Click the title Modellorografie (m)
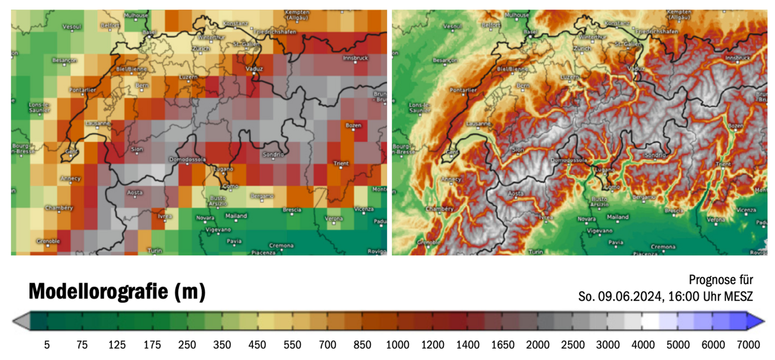click(117, 291)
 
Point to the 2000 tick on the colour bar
click(538, 345)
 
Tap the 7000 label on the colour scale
click(748, 345)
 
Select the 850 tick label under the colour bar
click(362, 345)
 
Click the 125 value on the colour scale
click(117, 345)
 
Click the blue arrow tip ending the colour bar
click(759, 321)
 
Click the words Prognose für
click(721, 280)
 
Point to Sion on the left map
click(137, 150)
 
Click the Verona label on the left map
click(333, 219)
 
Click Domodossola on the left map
click(188, 160)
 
